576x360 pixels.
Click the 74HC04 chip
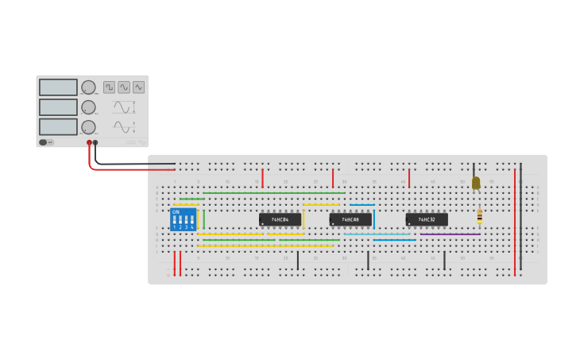pos(280,219)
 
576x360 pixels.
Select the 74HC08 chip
pos(350,219)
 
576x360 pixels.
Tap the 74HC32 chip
pos(427,219)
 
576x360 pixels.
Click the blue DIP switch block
pos(183,219)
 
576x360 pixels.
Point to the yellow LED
pos(476,183)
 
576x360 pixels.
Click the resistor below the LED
pos(479,216)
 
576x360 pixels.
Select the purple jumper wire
pos(450,234)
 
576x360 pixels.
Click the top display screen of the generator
pos(58,87)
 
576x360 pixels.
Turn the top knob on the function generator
pos(88,87)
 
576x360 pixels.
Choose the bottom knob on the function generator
pos(88,127)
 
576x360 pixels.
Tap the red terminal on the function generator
pos(89,143)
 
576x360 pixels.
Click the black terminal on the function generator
pos(95,143)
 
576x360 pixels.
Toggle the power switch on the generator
pos(46,142)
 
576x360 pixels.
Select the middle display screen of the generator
pos(58,106)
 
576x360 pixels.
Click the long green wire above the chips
pos(274,192)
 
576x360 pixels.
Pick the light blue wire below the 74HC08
pos(377,234)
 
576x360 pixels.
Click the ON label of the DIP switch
pos(176,211)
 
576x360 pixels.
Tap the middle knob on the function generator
pos(88,107)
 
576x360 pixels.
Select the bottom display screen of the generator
pos(58,126)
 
